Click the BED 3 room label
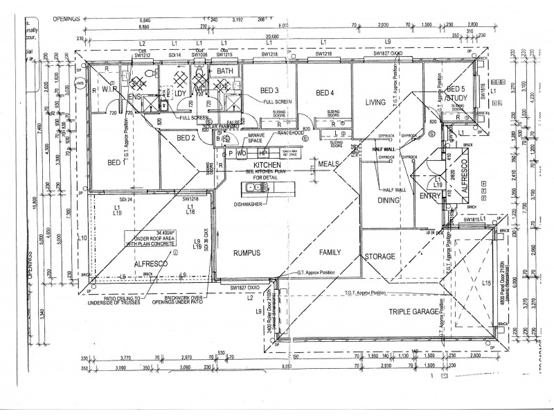tap(269, 91)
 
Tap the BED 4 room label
tap(325, 94)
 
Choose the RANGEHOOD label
tap(291, 132)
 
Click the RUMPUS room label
tap(246, 253)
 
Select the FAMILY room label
tap(332, 254)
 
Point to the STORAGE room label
tap(380, 257)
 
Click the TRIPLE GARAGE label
tap(413, 312)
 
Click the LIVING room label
tap(375, 102)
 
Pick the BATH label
tap(224, 71)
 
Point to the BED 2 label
tap(186, 138)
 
